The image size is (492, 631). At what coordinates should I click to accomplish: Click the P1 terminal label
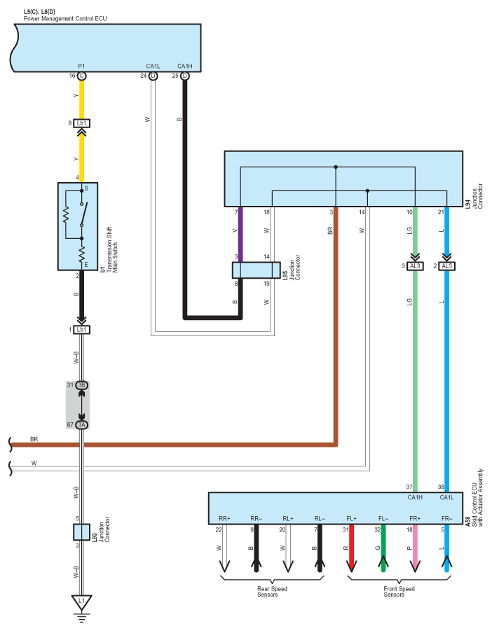tap(81, 66)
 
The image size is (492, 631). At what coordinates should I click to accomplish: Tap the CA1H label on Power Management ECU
tap(185, 66)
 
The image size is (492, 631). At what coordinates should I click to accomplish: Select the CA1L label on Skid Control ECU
tap(446, 497)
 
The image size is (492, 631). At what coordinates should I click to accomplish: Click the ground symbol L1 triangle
tap(82, 602)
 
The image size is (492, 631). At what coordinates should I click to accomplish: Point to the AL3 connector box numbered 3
tap(415, 266)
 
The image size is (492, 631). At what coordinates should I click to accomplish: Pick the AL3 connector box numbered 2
tap(446, 266)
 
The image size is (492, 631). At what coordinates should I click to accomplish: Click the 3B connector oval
tap(82, 385)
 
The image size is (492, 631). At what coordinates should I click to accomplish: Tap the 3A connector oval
tap(82, 424)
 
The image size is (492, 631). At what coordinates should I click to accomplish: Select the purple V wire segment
tap(240, 235)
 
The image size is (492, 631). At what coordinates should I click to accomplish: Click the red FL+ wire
tap(352, 548)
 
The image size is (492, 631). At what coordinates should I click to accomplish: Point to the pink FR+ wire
tap(415, 548)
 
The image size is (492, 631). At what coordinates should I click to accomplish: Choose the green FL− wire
tap(383, 548)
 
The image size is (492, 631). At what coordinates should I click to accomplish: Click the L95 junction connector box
tap(256, 270)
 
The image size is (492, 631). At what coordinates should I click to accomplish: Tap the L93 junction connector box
tap(81, 532)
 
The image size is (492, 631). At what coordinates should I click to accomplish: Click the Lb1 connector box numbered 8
tap(82, 123)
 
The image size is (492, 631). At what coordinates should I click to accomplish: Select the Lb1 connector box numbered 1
tap(82, 330)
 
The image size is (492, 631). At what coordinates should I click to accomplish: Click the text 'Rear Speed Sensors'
tap(272, 592)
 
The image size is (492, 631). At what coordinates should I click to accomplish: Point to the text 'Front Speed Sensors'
tap(399, 592)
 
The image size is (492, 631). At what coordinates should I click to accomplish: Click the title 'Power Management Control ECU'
tap(65, 18)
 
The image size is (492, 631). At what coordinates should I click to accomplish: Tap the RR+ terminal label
tap(224, 519)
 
